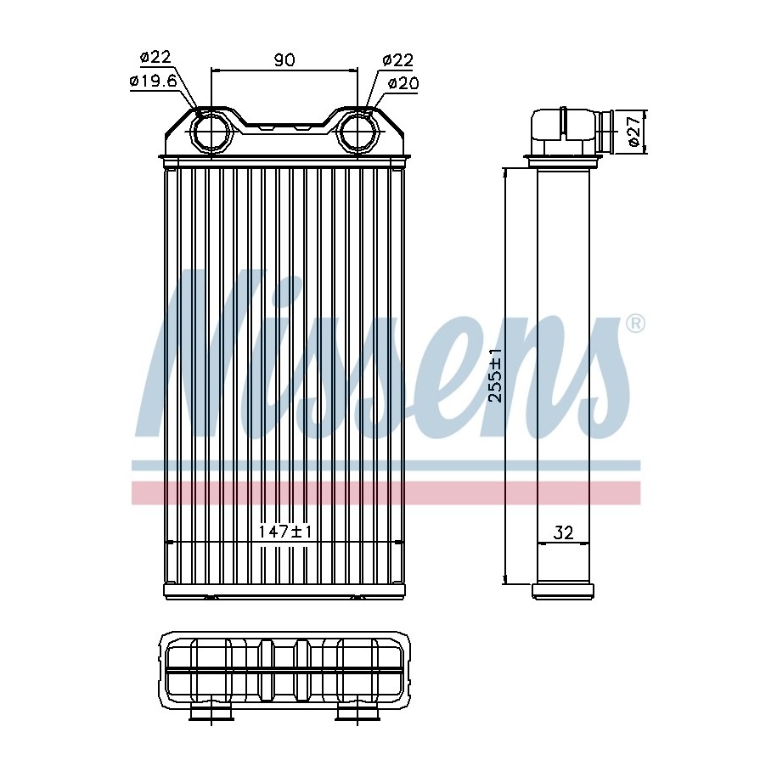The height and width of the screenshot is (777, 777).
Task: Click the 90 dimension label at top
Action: tap(284, 60)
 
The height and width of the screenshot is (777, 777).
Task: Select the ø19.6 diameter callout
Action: tap(154, 81)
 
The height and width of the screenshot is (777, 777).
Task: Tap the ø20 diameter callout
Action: tap(403, 83)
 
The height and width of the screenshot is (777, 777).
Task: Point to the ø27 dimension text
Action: tap(635, 132)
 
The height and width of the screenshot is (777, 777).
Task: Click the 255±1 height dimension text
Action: tap(495, 375)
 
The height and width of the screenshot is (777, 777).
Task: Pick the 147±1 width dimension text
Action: tap(285, 532)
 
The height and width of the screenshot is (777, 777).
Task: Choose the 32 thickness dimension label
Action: tap(563, 532)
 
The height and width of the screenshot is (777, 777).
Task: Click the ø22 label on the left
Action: tap(155, 57)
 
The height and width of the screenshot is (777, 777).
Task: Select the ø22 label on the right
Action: tap(398, 60)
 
